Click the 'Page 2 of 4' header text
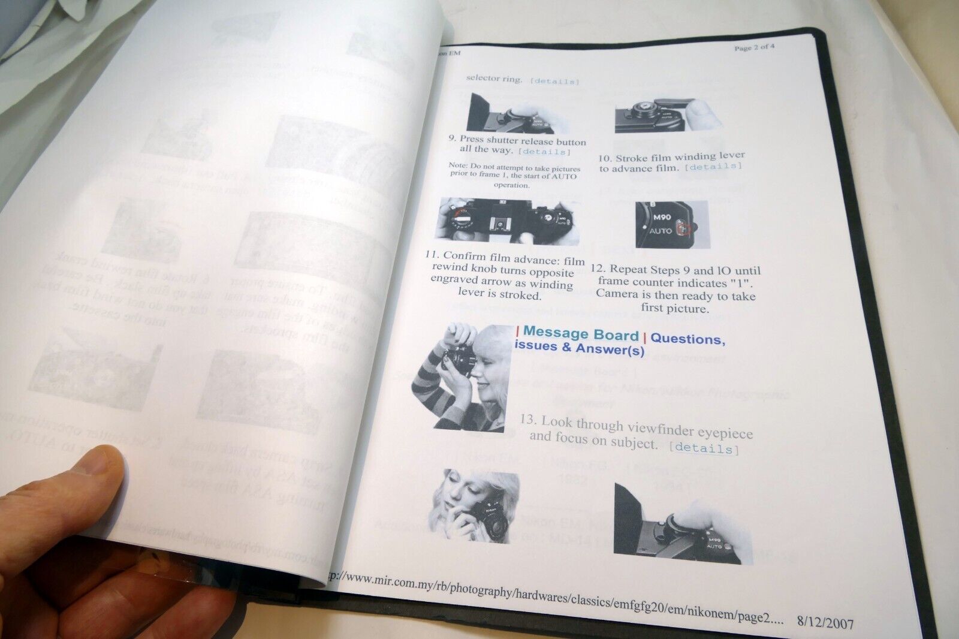tap(754, 47)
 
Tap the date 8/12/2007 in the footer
tap(825, 623)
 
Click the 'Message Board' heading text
tap(581, 333)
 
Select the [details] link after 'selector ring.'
tap(555, 81)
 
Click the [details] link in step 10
tap(713, 167)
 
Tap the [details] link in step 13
tap(704, 448)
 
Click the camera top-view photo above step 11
tap(510, 221)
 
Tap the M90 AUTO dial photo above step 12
tap(671, 224)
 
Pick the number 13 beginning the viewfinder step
tap(527, 420)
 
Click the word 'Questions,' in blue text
tap(687, 339)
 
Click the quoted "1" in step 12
tap(740, 282)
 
